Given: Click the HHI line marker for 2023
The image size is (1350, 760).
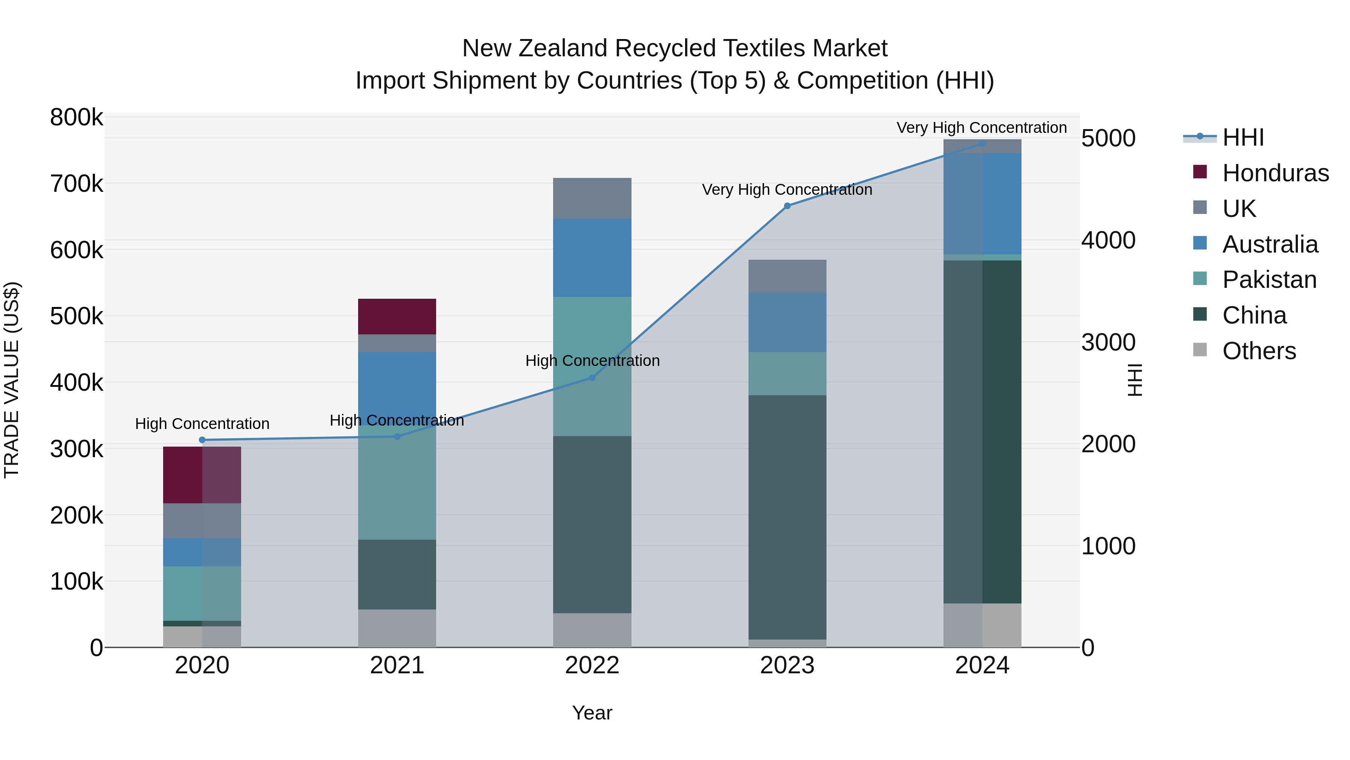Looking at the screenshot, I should (787, 206).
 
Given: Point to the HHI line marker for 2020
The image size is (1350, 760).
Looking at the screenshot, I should (202, 440).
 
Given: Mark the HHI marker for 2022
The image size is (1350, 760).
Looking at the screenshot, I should (592, 378).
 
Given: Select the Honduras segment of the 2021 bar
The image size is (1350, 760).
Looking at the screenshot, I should (397, 316).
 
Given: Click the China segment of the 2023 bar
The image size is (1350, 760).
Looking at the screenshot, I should (787, 517).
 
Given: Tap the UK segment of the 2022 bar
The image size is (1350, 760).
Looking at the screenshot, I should (592, 198).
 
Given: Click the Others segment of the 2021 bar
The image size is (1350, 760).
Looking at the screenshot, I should (397, 628).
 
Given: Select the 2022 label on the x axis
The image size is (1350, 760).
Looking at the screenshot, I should (592, 665).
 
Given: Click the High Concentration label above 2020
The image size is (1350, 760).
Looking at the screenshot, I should (202, 423).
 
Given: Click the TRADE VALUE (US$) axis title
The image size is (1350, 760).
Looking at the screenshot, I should (12, 380).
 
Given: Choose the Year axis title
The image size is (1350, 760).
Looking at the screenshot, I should (592, 713).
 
